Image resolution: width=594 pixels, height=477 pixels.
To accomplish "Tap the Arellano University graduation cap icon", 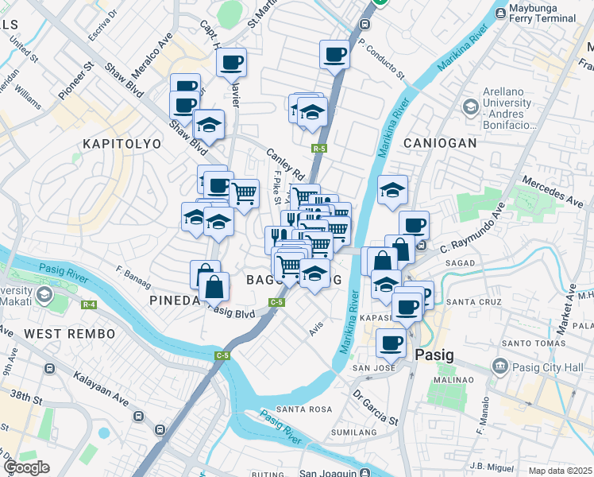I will [470, 106].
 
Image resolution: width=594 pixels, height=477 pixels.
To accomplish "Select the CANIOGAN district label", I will [440, 143].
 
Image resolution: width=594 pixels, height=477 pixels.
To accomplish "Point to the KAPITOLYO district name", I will [121, 144].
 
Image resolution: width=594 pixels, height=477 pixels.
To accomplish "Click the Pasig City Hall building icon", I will [499, 366].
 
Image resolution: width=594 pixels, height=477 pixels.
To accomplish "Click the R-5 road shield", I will [320, 148].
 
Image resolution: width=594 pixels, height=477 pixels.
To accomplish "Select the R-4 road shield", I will [88, 304].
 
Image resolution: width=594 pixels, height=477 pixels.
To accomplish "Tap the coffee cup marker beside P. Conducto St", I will [334, 56].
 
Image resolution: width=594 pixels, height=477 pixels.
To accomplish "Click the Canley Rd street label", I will [286, 164].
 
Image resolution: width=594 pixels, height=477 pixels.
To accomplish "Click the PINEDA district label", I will [175, 300].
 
